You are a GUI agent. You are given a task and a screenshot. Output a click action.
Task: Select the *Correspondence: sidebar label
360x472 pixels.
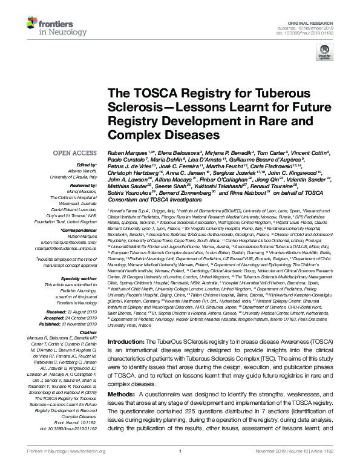coord(81,231)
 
